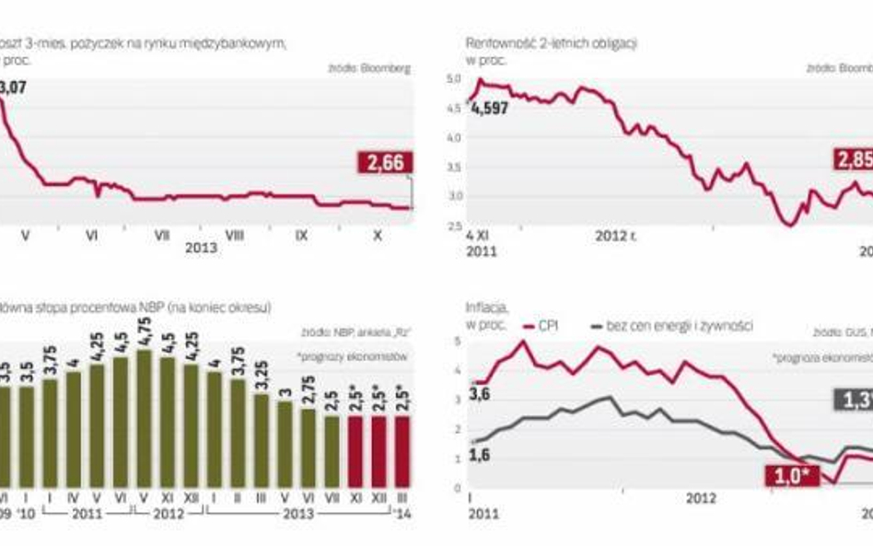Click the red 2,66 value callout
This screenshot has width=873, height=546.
click(x=385, y=163)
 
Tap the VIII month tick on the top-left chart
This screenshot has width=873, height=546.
click(x=235, y=236)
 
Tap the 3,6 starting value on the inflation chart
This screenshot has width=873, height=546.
click(x=481, y=396)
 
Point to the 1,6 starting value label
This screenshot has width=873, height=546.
click(x=481, y=455)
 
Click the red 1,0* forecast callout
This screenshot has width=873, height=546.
click(x=784, y=475)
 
